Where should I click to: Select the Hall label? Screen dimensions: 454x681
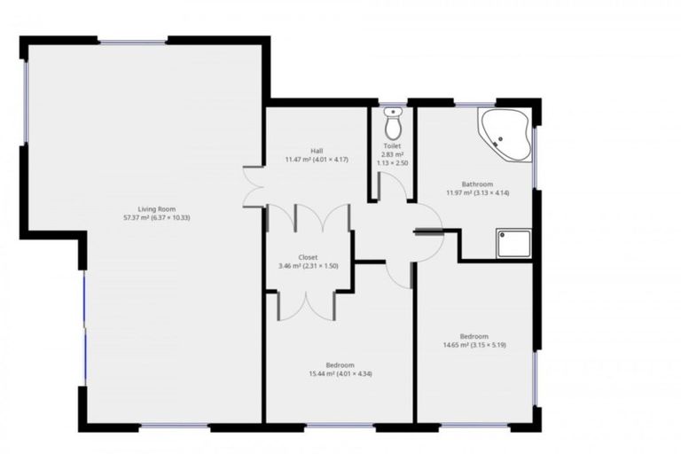click(x=317, y=151)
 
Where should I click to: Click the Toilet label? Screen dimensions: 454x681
click(x=393, y=145)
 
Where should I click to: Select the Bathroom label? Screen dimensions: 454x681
click(x=476, y=184)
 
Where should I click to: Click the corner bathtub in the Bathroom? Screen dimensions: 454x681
click(x=505, y=135)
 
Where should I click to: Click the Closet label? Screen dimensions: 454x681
click(x=309, y=257)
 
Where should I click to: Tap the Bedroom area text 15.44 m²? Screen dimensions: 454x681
click(x=322, y=374)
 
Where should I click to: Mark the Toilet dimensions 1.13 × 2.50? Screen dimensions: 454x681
click(x=393, y=163)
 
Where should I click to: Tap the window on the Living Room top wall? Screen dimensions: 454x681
click(x=133, y=42)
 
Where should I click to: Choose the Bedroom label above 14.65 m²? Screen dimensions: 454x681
click(x=474, y=336)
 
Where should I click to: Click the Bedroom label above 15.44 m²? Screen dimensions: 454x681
click(x=340, y=365)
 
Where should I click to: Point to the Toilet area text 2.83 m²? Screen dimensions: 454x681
click(x=393, y=154)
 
